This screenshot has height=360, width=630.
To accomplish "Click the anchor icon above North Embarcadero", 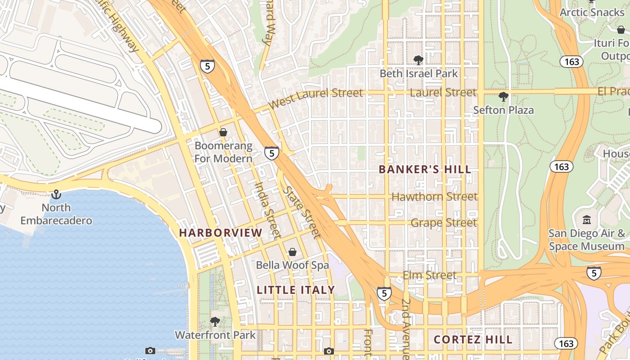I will pos(56,194).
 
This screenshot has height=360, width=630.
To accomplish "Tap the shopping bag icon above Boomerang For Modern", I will pos(223,132).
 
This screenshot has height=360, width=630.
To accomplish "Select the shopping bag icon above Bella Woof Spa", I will pos(292,252).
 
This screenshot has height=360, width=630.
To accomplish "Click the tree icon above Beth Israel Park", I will pos(418,60).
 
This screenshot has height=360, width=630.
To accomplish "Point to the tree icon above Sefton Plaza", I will pos(504,96).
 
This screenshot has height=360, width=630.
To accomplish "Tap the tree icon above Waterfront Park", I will pos(215,321).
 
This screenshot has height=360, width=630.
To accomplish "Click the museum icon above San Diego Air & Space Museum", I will pos(587,220).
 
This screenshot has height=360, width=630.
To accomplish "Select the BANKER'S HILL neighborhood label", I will pos(425,170).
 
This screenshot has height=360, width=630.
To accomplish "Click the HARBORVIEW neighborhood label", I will pos(220,233).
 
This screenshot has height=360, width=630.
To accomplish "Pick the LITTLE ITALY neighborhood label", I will pos(296,290).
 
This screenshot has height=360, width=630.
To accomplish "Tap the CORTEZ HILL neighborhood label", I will pos(473,340).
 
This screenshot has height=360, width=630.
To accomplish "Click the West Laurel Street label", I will pos(315,99).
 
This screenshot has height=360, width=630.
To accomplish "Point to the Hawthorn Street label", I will pos(434,197).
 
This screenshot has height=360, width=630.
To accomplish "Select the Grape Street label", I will pos(443,223).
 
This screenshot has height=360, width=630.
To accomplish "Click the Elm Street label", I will pos(429,275).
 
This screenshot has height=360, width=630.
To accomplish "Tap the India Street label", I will pos(268,209).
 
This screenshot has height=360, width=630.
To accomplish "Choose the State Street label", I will pos(301,211).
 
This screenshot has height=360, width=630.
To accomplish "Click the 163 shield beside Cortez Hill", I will pos(566,344).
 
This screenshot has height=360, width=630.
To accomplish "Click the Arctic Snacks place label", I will pos(592,12).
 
